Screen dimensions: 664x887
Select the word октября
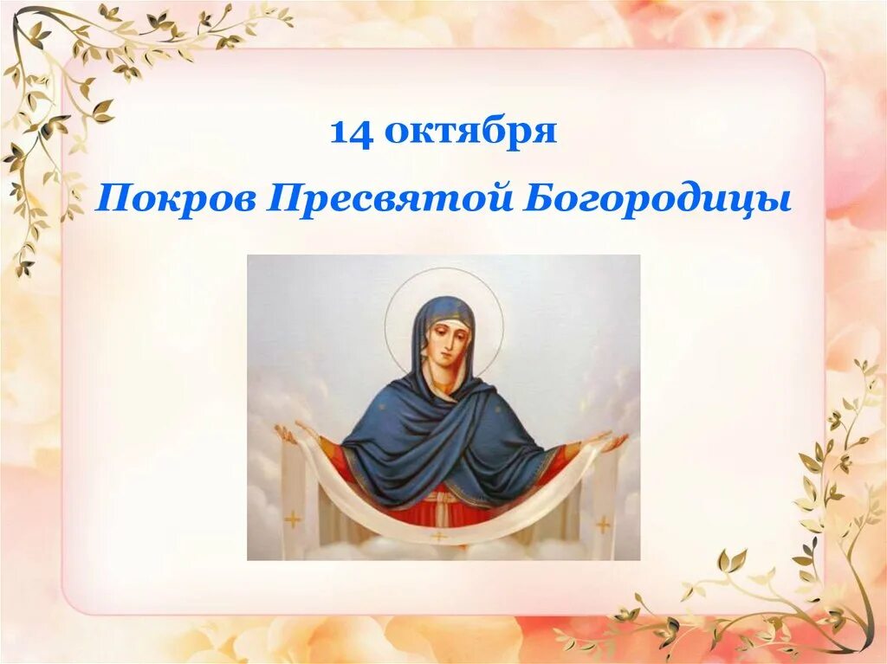click(x=469, y=132)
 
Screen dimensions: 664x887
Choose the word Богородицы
click(x=657, y=201)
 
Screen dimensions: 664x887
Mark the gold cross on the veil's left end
click(x=293, y=519)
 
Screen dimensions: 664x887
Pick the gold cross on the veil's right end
click(x=603, y=524)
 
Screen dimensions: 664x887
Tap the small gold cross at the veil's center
click(x=440, y=537)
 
